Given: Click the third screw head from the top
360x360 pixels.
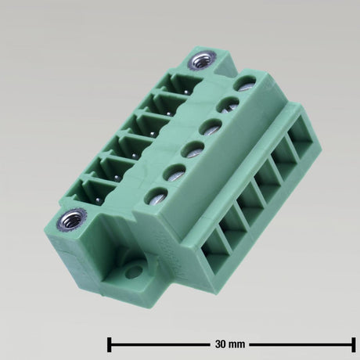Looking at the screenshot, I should pos(210,125).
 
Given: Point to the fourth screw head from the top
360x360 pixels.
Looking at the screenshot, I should pos(191,148).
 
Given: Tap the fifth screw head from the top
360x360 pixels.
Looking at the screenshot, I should pos(174,172).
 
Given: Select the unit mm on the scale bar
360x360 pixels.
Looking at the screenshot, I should pos(237,344).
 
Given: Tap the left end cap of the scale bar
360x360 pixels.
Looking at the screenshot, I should pos(109,344).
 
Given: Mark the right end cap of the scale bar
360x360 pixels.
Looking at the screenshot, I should pos(354,344).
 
